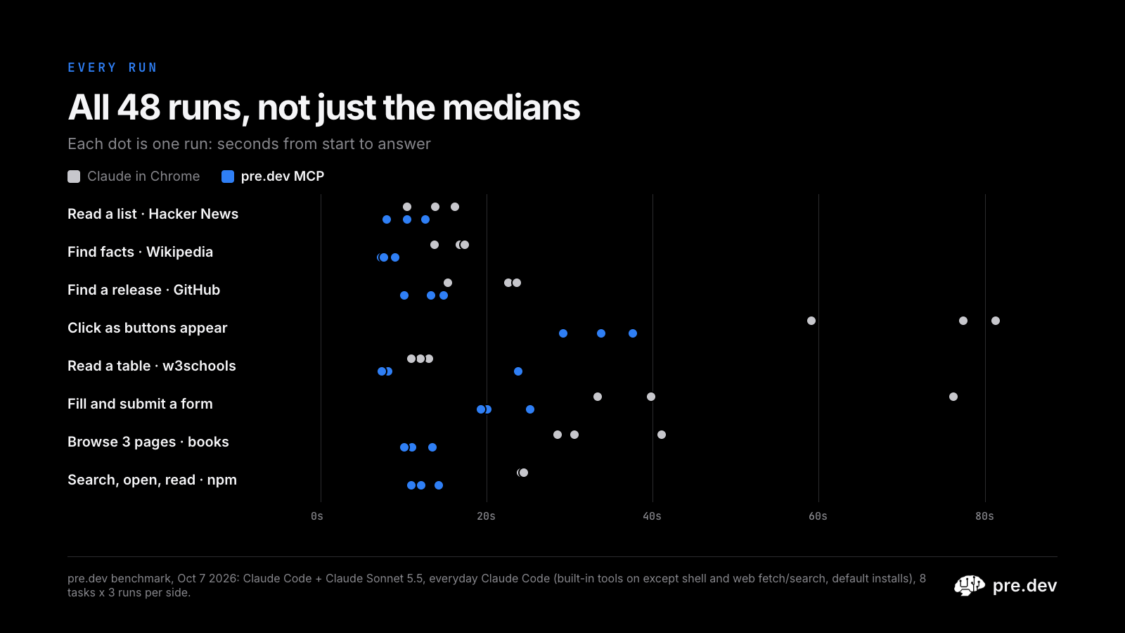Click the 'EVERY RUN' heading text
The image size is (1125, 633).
click(112, 68)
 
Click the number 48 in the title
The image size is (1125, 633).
click(139, 108)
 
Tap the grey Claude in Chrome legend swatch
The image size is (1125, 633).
click(74, 177)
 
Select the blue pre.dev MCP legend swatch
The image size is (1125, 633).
click(228, 177)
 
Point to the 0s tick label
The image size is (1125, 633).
click(317, 516)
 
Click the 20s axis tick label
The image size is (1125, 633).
click(486, 516)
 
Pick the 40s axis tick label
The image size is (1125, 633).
click(652, 516)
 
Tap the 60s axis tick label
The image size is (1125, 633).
click(818, 516)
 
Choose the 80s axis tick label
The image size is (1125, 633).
click(984, 516)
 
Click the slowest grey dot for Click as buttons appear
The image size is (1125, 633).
click(996, 321)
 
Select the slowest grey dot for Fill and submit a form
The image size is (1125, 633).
click(953, 397)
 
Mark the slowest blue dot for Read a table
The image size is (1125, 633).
click(518, 371)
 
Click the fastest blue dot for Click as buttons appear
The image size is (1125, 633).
click(563, 333)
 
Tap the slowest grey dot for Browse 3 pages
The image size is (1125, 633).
click(662, 435)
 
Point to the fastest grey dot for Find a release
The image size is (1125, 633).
click(448, 283)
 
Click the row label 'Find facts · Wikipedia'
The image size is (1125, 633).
click(140, 252)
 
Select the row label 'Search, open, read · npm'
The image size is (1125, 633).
click(152, 480)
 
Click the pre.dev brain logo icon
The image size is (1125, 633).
click(970, 586)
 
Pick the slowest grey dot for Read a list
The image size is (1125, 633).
click(455, 207)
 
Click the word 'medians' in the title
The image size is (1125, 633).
click(511, 108)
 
